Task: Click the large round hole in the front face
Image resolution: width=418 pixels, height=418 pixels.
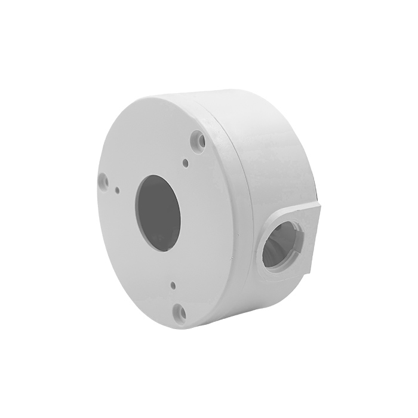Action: coord(159,213)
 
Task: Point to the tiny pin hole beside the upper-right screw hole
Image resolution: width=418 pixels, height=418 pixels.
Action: coord(186,162)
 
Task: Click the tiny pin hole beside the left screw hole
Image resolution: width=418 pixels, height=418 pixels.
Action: coord(118,190)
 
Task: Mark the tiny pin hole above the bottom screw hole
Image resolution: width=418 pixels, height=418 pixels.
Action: coord(171,285)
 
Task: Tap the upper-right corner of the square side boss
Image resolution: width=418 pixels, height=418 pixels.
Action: coord(320,205)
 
